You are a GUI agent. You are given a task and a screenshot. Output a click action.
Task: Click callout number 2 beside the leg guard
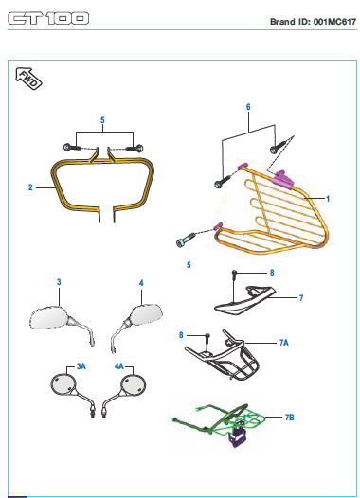(x=30, y=187)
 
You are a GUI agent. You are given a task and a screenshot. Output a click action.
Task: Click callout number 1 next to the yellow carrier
(x=328, y=200)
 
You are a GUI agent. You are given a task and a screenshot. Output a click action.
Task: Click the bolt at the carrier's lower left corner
(x=185, y=240)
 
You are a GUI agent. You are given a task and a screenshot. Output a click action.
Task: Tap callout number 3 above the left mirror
(x=59, y=282)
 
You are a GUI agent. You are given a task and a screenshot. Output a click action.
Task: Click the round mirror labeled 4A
(x=133, y=384)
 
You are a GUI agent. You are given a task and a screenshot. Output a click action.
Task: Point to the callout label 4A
(x=119, y=365)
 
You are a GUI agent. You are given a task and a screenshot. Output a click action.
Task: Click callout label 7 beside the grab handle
(x=300, y=297)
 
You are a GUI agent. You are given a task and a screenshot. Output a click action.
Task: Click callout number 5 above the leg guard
(x=103, y=121)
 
